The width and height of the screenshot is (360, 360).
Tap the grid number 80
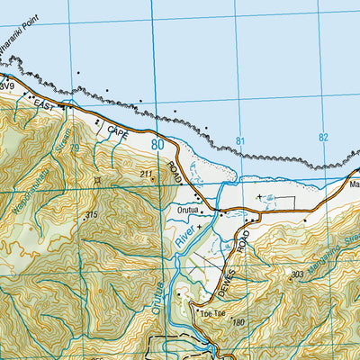pos(158,144)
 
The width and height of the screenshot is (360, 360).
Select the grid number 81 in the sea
pos(239,141)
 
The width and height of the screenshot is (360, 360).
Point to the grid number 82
pos(324,138)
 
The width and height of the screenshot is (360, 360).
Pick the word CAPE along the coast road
pos(119,131)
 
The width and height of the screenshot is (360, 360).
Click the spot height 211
pos(147,174)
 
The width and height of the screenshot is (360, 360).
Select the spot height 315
pos(91,214)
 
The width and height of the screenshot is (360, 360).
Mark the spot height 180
pos(238,321)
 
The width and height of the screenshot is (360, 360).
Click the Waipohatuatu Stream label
pos(56,153)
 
